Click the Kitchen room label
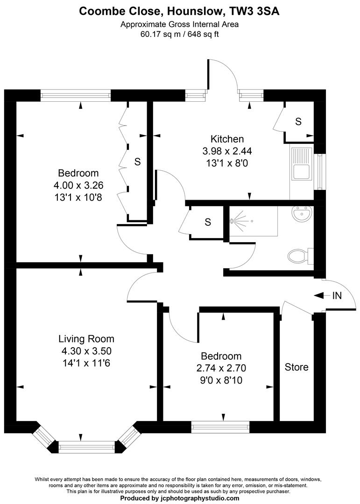click(x=227, y=139)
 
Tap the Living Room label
click(x=86, y=339)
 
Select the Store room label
click(x=296, y=367)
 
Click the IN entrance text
click(x=337, y=295)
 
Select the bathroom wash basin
click(x=302, y=215)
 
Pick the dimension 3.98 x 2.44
click(x=227, y=151)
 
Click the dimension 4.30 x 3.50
click(x=86, y=351)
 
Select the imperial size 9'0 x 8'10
click(x=219, y=380)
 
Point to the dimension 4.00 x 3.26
click(x=78, y=185)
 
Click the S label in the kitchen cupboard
click(x=298, y=122)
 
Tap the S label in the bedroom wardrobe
click(x=137, y=162)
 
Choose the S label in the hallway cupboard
click(x=208, y=222)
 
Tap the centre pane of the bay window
click(x=86, y=447)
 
